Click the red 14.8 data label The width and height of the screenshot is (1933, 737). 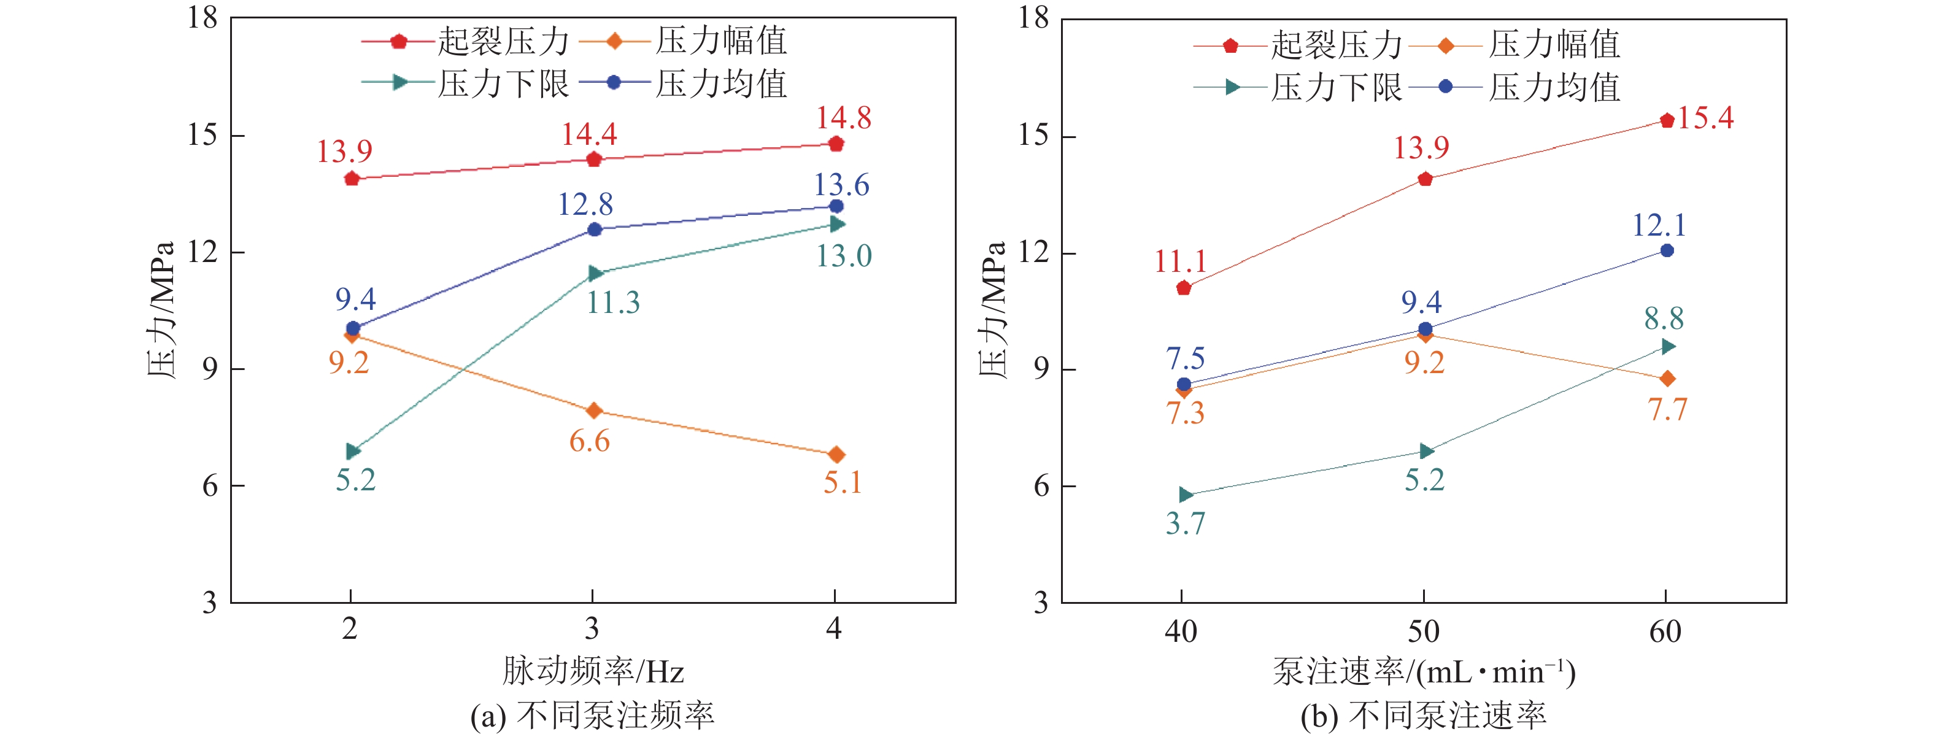pyautogui.click(x=843, y=118)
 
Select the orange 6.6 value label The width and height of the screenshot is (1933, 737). pyautogui.click(x=589, y=441)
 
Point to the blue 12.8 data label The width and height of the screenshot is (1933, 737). pyautogui.click(x=585, y=204)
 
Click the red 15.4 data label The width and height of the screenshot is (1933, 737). pyautogui.click(x=1705, y=118)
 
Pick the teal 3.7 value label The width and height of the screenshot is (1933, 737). pyautogui.click(x=1185, y=523)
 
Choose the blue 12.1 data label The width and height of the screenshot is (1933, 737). pyautogui.click(x=1659, y=225)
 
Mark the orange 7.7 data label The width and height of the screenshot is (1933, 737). pyautogui.click(x=1667, y=410)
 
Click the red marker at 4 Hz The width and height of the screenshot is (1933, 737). pyautogui.click(x=836, y=144)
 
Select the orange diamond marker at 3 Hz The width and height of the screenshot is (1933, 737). pyautogui.click(x=593, y=411)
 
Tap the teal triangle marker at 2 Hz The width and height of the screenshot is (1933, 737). pyautogui.click(x=353, y=451)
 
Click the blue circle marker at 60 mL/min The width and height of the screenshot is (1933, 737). pyautogui.click(x=1667, y=250)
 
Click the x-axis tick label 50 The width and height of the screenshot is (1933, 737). pyautogui.click(x=1424, y=632)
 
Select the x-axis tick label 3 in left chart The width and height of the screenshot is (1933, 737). pyautogui.click(x=592, y=629)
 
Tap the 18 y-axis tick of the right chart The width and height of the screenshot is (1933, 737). pyautogui.click(x=1033, y=18)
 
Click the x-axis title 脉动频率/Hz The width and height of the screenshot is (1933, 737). pyautogui.click(x=593, y=671)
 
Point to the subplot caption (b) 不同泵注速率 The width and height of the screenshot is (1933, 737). pyautogui.click(x=1424, y=716)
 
